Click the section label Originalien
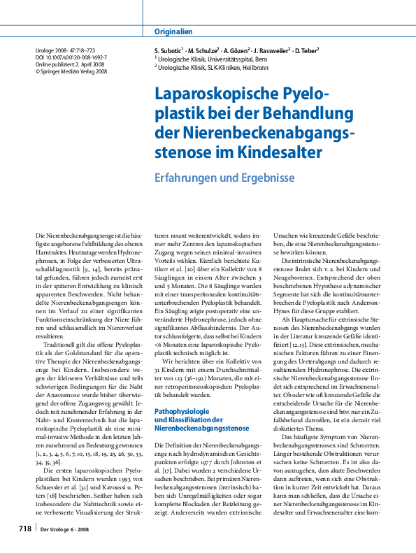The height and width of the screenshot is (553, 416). (173, 31)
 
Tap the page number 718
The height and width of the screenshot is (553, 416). (24, 531)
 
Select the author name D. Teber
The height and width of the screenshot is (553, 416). (306, 51)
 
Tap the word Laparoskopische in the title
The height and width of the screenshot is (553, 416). (216, 96)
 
